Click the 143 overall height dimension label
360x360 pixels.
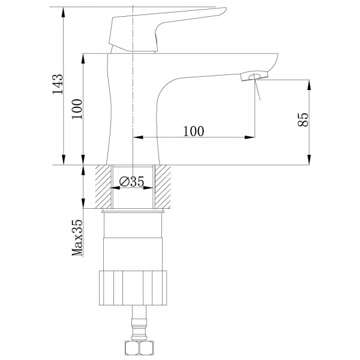point(58,84)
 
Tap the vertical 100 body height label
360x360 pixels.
point(77,109)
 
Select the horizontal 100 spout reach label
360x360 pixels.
point(193,131)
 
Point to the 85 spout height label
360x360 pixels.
point(303,119)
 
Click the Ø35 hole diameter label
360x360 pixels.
point(132,181)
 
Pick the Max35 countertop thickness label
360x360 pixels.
point(77,238)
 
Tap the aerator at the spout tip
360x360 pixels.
point(254,76)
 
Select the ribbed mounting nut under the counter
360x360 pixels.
point(133,288)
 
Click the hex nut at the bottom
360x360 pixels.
point(139,348)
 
